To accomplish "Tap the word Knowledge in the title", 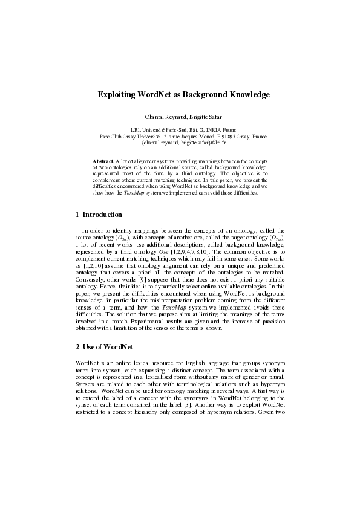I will (244, 95).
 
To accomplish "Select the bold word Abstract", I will (102, 161).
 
